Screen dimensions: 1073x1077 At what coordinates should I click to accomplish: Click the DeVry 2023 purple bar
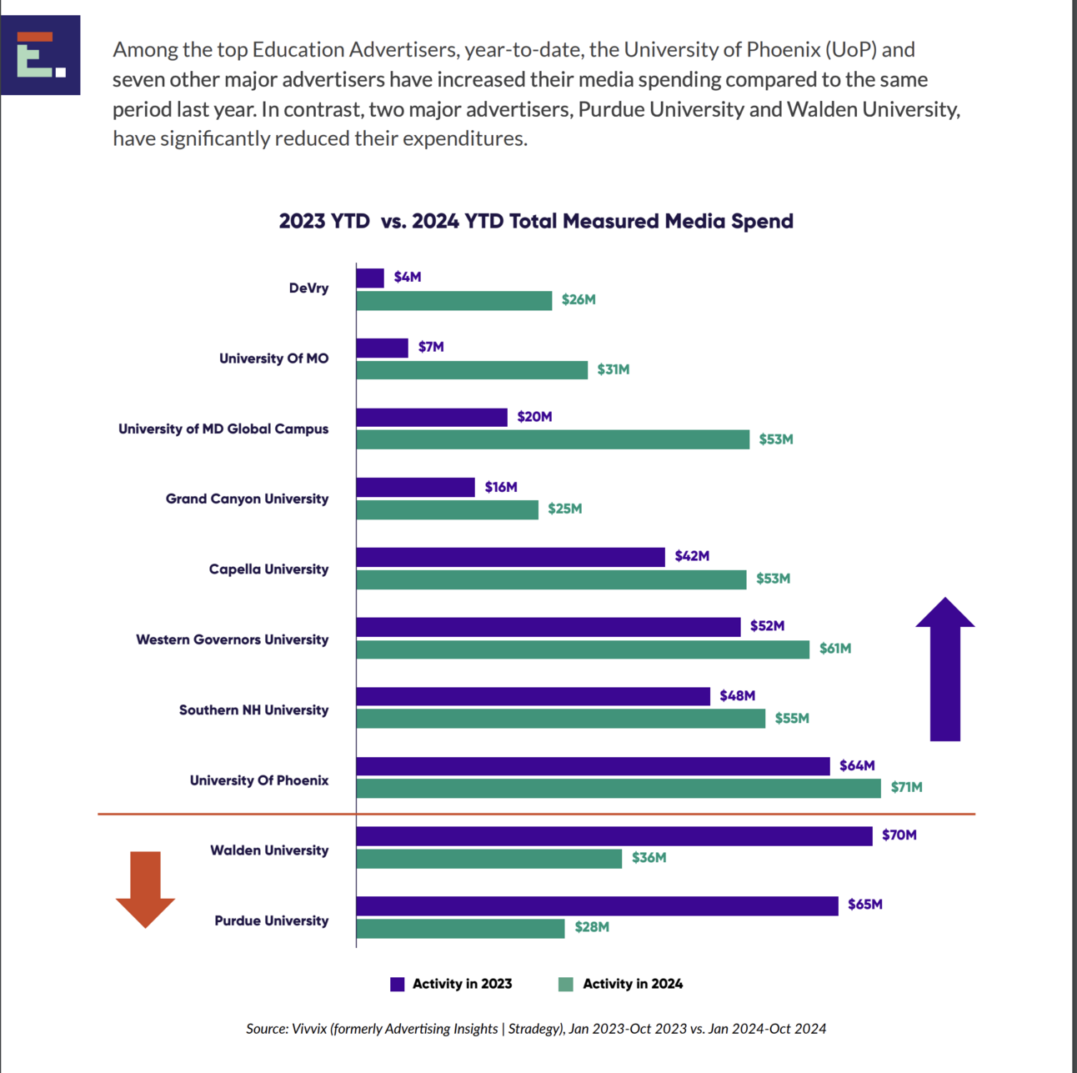(370, 278)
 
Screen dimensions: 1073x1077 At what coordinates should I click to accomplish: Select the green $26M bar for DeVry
(454, 300)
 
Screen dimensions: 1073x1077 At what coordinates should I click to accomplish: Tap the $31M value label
(613, 369)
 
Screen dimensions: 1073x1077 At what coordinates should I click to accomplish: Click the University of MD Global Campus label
(223, 429)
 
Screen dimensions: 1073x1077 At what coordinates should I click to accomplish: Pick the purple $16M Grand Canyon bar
(415, 487)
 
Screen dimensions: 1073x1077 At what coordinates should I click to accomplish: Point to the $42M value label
(692, 556)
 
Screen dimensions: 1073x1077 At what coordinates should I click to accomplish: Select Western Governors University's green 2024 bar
(583, 649)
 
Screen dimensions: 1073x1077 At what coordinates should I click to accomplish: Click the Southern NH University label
(253, 709)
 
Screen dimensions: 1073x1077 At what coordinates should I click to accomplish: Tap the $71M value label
(906, 787)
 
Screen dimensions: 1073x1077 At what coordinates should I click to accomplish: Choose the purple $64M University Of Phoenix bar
(593, 765)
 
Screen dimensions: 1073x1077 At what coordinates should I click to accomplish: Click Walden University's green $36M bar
(488, 858)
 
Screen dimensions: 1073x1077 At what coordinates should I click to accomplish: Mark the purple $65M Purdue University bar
(597, 905)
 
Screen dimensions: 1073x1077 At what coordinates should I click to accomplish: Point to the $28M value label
(592, 927)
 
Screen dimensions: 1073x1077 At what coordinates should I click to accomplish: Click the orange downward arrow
(145, 890)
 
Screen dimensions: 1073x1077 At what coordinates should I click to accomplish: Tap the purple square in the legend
(398, 984)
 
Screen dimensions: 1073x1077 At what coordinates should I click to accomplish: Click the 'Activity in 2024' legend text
(633, 984)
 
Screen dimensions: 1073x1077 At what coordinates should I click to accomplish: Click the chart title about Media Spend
(536, 221)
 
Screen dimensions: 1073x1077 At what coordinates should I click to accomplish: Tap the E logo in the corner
(41, 55)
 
